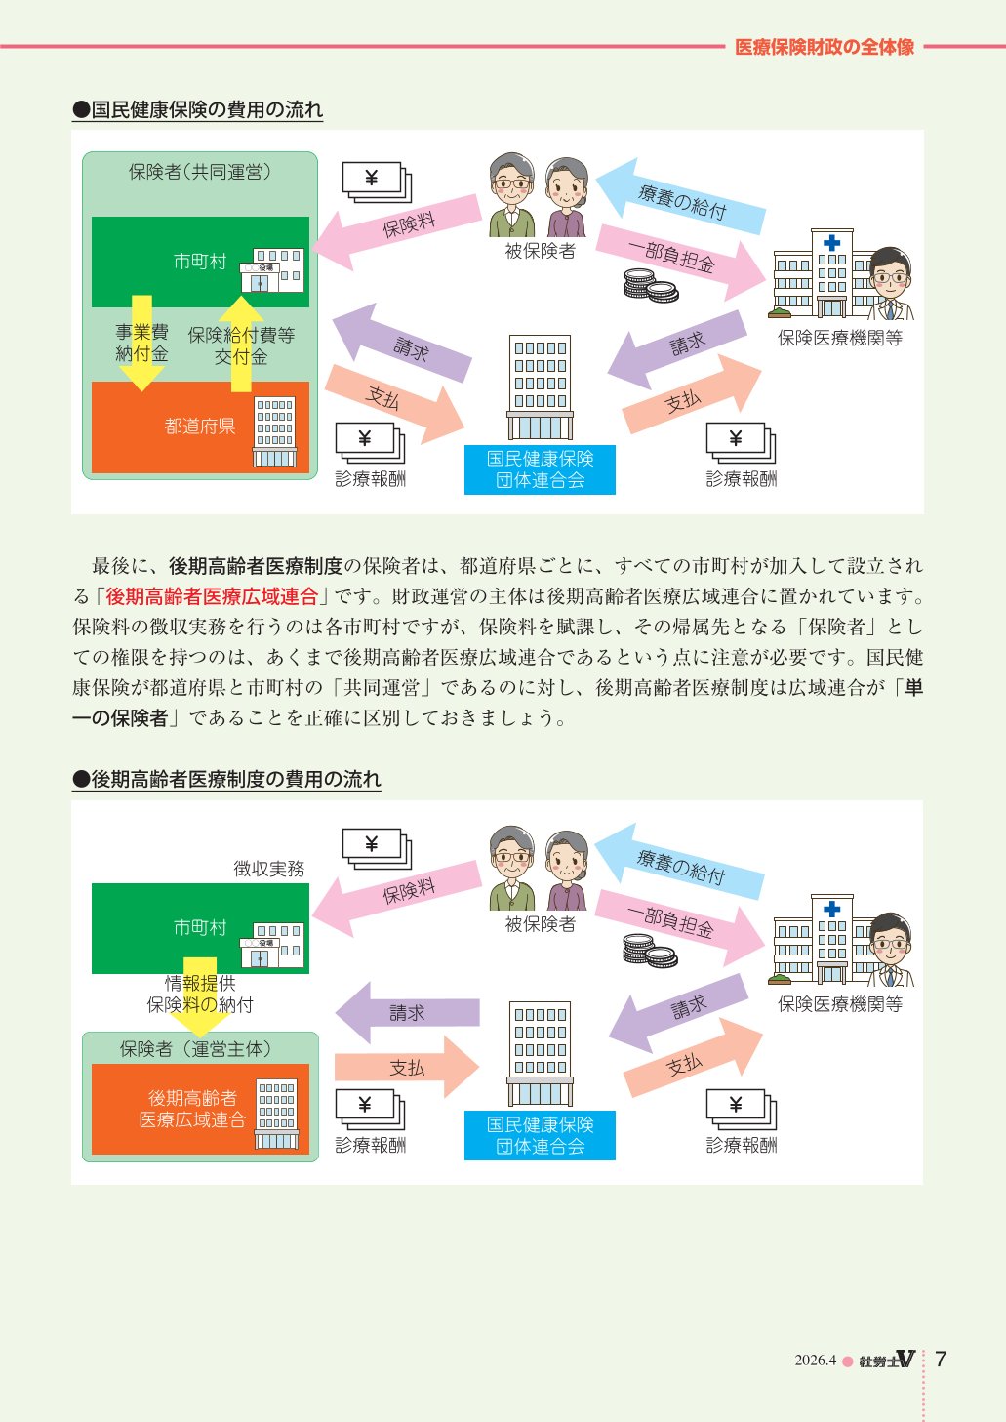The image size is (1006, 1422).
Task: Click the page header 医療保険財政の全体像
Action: click(824, 47)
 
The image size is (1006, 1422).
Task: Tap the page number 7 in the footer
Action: click(941, 1359)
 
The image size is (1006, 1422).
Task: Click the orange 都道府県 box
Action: click(201, 427)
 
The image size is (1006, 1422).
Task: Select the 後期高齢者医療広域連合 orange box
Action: click(201, 1109)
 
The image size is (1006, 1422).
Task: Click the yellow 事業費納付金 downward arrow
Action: click(141, 343)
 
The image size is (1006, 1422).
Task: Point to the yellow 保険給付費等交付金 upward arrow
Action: click(241, 344)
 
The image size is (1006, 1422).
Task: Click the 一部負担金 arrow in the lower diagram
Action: click(679, 926)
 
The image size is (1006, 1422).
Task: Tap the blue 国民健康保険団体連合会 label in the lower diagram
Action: click(541, 1136)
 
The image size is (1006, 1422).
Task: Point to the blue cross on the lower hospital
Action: click(831, 910)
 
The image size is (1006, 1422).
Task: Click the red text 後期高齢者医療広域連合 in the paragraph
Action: click(212, 596)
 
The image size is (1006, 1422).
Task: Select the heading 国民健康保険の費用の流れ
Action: click(198, 110)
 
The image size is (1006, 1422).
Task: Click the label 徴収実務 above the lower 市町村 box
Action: click(269, 869)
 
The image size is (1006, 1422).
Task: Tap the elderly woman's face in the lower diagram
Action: click(567, 858)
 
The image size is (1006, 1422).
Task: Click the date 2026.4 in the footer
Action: click(815, 1360)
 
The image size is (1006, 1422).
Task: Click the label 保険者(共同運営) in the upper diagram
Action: click(200, 172)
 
